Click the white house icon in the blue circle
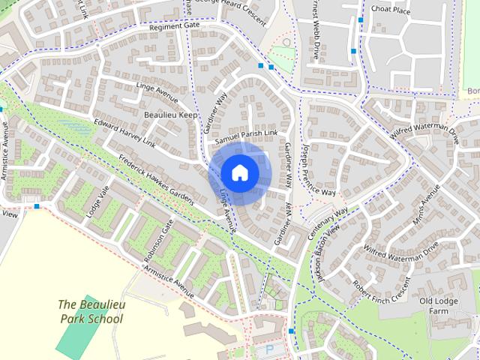click(239, 172)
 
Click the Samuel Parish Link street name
click(246, 136)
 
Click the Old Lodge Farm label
click(439, 306)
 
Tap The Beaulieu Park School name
click(91, 312)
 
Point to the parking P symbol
click(268, 349)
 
